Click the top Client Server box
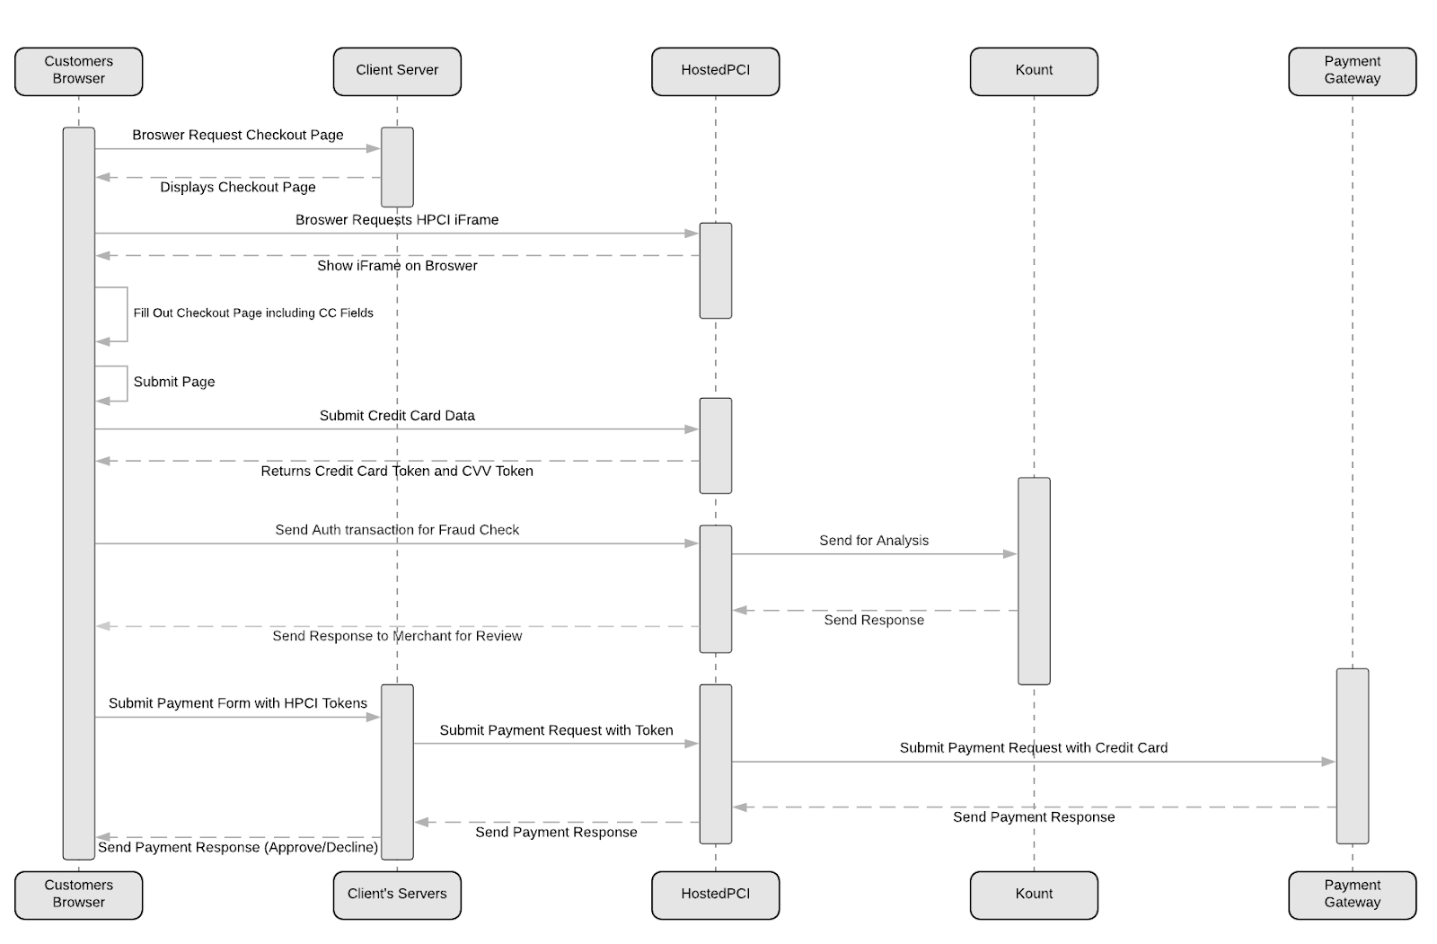point(397,71)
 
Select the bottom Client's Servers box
point(397,895)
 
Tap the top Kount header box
point(1034,71)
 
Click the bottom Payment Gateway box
point(1353,895)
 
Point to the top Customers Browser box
point(79,71)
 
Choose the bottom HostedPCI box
point(715,895)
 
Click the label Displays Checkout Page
point(238,187)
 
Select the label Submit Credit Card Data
point(397,415)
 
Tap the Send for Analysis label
point(874,541)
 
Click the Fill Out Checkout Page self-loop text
point(253,313)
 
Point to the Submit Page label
point(174,381)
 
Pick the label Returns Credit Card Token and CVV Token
point(397,471)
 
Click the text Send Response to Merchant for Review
point(397,635)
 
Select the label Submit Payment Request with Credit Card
point(1034,747)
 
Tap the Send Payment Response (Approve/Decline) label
point(238,847)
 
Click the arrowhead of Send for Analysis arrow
point(1010,554)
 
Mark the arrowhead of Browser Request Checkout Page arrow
point(374,149)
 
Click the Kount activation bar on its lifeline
point(1034,581)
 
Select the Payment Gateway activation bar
point(1353,756)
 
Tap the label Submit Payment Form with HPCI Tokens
point(238,702)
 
